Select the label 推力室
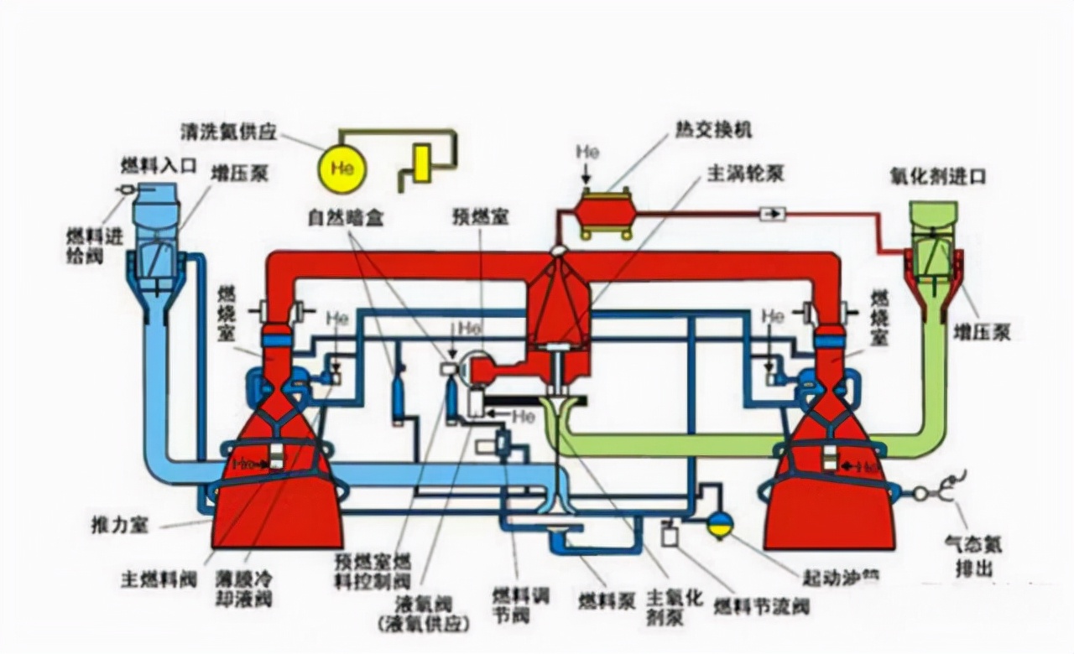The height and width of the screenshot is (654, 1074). (x=119, y=526)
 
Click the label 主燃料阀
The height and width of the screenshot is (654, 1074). (x=159, y=579)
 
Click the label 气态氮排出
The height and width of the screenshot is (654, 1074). (x=973, y=557)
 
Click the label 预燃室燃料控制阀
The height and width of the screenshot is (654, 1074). (x=373, y=570)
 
